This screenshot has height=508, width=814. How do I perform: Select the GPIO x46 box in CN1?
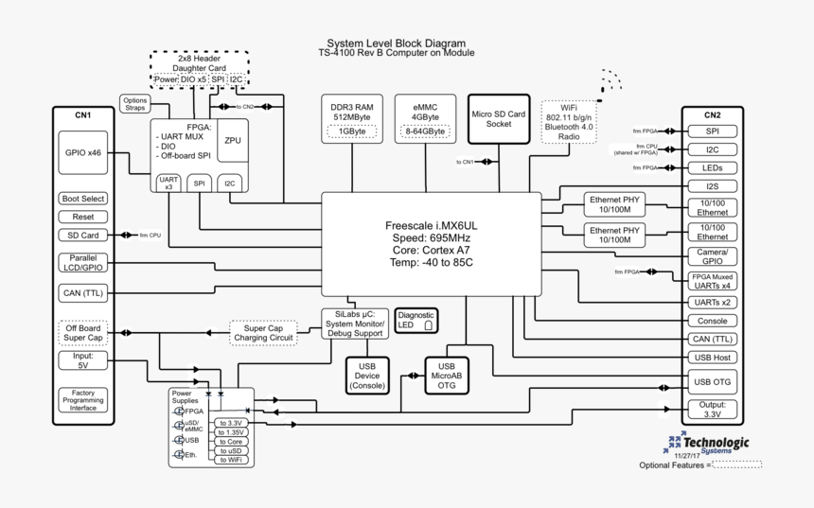[83, 152]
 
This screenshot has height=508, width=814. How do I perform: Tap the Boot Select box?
[83, 199]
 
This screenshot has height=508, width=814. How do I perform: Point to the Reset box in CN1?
[83, 217]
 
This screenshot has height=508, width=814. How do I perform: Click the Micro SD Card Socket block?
[498, 118]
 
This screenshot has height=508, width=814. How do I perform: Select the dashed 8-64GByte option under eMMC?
[425, 131]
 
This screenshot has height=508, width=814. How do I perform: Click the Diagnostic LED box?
[416, 321]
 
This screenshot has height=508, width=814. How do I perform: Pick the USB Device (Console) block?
[368, 376]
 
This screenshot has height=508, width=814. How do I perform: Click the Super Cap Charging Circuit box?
[263, 333]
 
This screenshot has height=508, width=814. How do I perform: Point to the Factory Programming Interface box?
[83, 400]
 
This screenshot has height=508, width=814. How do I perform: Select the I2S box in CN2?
[712, 186]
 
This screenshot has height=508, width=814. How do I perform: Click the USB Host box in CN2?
[712, 357]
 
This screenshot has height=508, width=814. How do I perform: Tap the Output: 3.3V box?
[712, 410]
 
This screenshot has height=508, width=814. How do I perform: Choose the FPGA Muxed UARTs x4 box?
[712, 281]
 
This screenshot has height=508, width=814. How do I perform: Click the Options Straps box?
[134, 104]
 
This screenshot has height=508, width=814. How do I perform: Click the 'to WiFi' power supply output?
[232, 460]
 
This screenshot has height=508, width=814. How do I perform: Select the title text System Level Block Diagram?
[396, 44]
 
